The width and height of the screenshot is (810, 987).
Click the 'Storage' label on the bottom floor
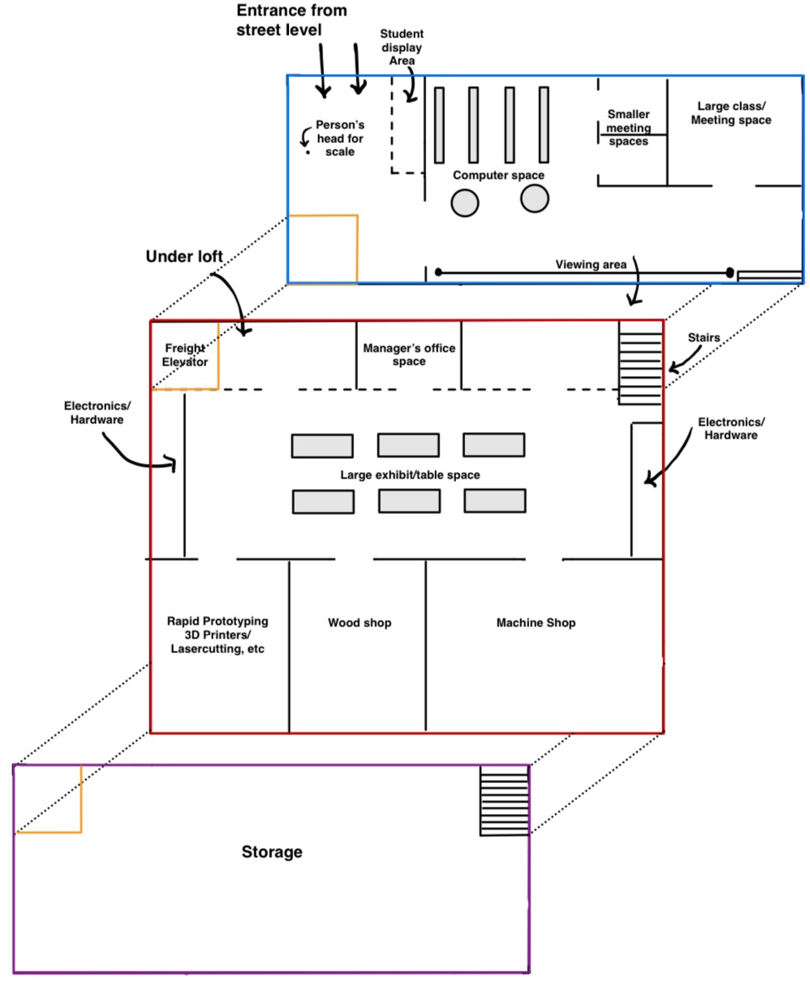tap(272, 852)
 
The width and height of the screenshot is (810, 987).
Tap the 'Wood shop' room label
tap(360, 623)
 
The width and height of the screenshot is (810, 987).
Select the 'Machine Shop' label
tap(536, 623)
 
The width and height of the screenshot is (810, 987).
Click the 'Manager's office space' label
tap(409, 355)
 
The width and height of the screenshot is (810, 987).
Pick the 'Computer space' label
tap(498, 175)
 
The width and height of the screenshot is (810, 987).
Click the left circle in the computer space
tap(465, 202)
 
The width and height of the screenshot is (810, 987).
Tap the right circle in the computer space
tap(535, 197)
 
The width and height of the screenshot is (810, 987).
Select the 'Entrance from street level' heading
tap(291, 20)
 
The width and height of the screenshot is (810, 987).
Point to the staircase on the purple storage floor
tap(504, 800)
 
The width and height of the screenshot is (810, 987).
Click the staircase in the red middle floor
tap(641, 362)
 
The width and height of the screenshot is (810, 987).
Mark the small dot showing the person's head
tap(308, 153)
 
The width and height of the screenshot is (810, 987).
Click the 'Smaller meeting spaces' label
tap(628, 128)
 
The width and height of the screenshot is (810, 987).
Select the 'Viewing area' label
tap(589, 265)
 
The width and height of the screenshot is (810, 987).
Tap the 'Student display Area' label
tap(402, 47)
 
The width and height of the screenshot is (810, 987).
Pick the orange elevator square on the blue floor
tap(323, 249)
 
